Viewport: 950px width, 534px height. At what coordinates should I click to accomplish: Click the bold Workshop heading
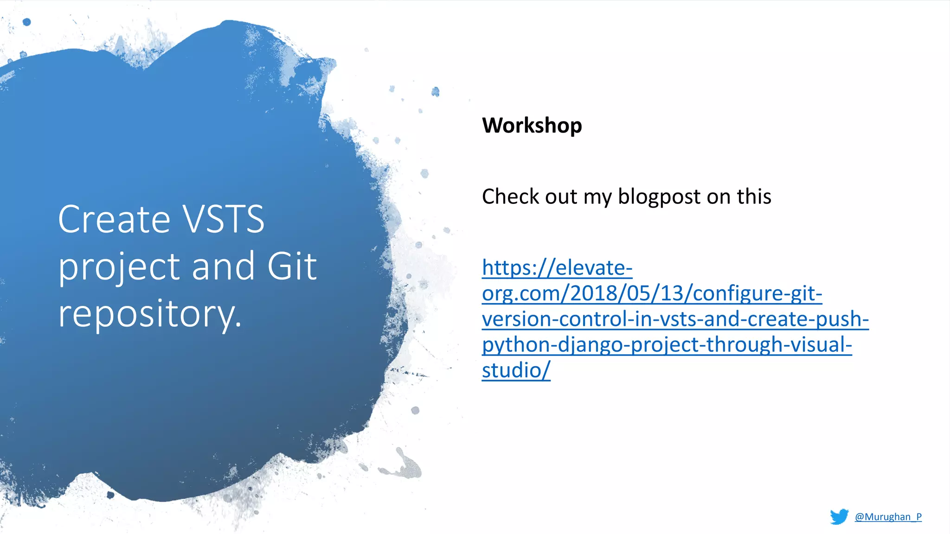coord(532,126)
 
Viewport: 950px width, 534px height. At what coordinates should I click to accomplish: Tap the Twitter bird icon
coord(839,516)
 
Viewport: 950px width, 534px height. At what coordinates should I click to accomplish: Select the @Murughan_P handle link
coord(888,517)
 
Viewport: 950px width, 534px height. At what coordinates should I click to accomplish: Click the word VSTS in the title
coord(223,219)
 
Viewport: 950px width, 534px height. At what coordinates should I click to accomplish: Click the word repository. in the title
coord(150,314)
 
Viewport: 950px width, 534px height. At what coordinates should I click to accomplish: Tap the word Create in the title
coord(114,219)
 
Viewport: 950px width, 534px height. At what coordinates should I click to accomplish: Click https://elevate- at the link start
coord(557,268)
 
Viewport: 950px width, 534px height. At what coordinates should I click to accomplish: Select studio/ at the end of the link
coord(516,370)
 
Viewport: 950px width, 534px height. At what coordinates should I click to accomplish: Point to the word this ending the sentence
coord(754,197)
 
